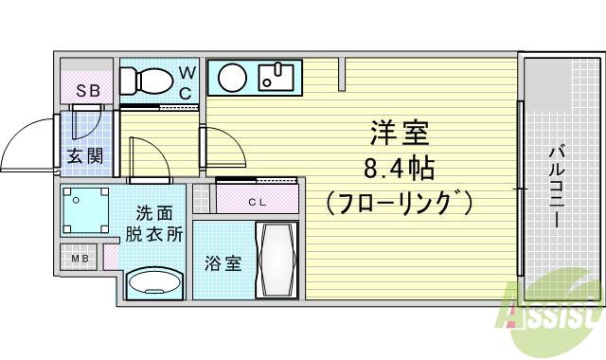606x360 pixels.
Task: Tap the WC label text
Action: [187, 81]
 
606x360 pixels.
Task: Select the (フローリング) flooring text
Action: [399, 203]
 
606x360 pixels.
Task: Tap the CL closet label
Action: [257, 201]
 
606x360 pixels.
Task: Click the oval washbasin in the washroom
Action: [155, 283]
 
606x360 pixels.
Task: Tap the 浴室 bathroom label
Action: [223, 262]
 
